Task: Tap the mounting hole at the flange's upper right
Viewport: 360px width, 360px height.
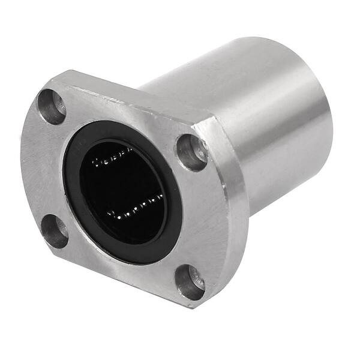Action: pos(192,151)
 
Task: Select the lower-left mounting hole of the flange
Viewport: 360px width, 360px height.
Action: pos(56,231)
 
